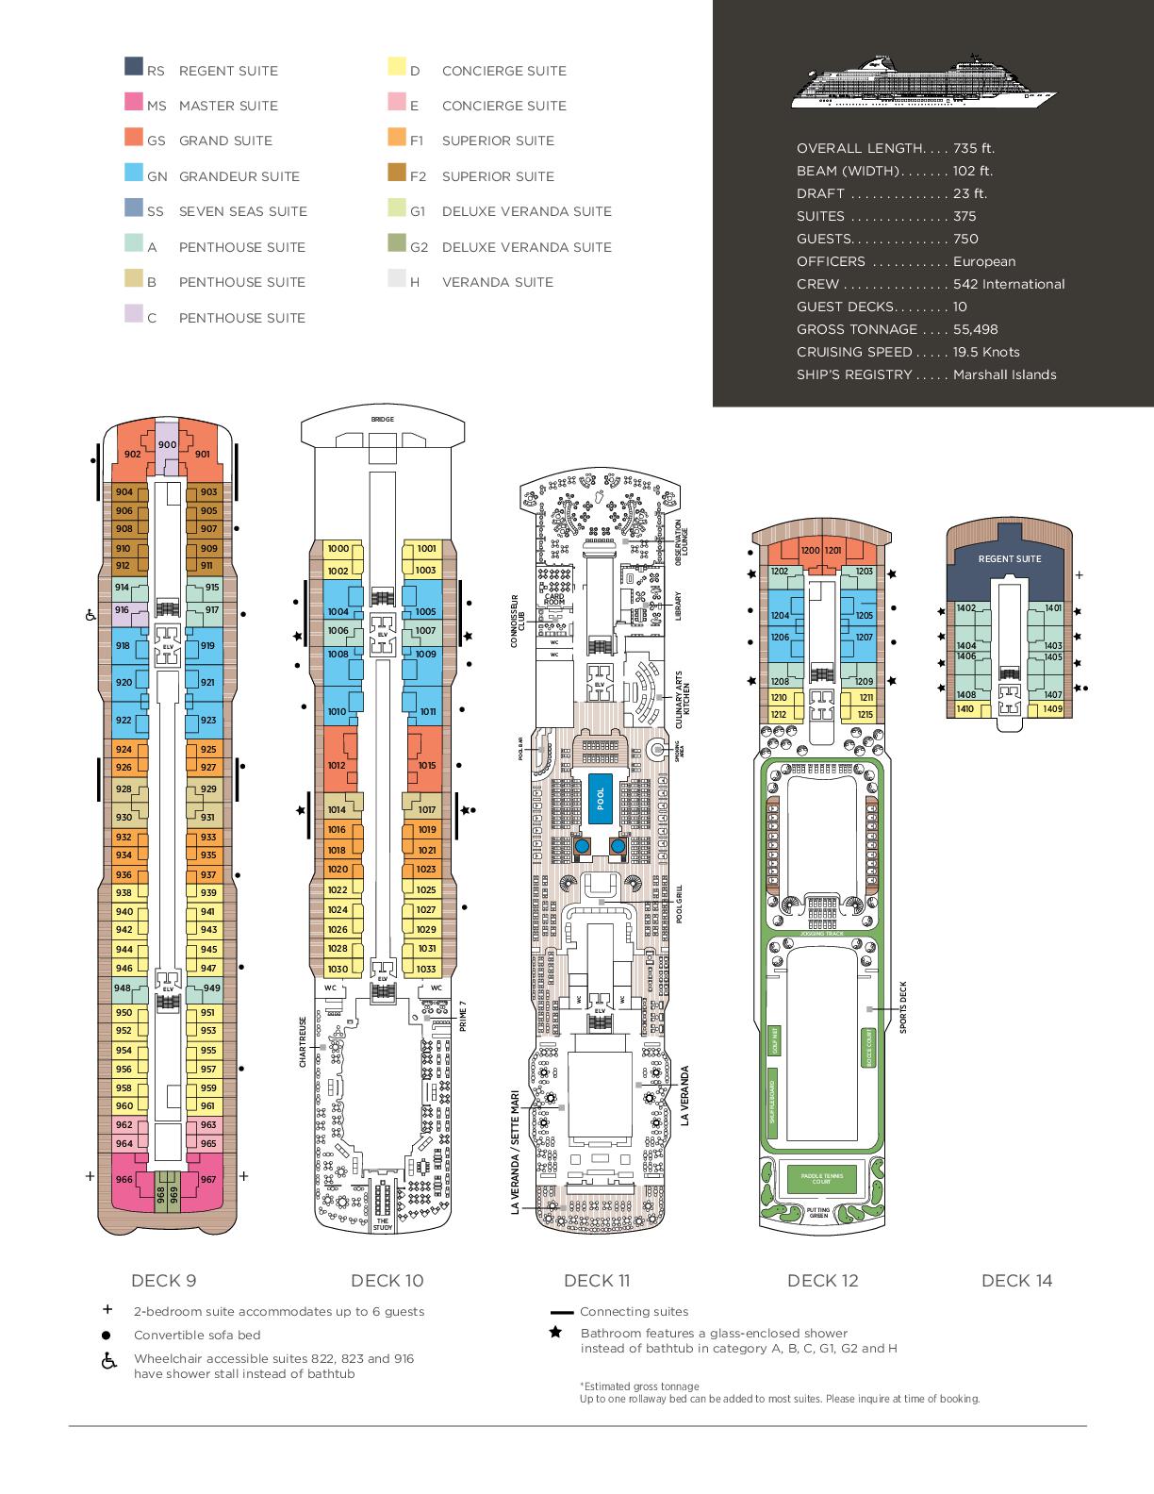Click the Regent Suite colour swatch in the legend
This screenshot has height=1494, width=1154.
133,67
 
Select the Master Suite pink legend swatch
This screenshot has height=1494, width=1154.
133,102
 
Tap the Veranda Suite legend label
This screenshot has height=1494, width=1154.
497,282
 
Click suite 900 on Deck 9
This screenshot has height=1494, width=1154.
167,445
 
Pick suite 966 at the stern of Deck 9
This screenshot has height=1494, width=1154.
124,1179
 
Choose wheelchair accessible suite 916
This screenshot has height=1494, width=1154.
123,610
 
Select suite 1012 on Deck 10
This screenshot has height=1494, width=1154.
337,765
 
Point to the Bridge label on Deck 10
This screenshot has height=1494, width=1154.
382,419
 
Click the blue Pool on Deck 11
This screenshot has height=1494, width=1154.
600,793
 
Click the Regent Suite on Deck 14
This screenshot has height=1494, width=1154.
1009,558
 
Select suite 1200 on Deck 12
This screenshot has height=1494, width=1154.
809,550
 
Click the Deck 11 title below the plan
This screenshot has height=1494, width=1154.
596,1280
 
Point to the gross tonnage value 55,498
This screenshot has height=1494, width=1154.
975,329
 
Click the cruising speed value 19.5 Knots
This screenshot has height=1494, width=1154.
986,352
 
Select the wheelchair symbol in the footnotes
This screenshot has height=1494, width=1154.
108,1361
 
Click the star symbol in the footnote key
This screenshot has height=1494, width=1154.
556,1333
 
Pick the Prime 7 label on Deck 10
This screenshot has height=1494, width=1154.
462,1016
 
